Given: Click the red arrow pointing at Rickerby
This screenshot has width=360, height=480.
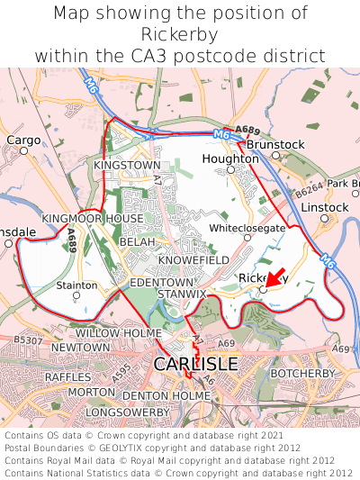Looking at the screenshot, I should [x=275, y=276].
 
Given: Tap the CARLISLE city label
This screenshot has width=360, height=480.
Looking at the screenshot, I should [x=195, y=364].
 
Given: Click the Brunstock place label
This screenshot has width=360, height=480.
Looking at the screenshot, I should [x=275, y=144].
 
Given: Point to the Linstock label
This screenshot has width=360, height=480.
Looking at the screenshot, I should [x=324, y=207].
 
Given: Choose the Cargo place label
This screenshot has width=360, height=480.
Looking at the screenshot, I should [x=24, y=140].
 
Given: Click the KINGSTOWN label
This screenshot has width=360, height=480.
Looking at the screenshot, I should [x=127, y=166].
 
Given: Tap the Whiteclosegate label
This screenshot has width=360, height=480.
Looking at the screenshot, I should [x=247, y=228].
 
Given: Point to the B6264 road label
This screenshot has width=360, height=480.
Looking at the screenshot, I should [x=309, y=192].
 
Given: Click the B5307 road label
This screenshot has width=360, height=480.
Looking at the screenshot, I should [x=28, y=340].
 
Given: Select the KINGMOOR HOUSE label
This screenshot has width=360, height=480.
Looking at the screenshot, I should [x=93, y=219].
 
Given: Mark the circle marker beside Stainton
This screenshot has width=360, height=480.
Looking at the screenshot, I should [x=76, y=294].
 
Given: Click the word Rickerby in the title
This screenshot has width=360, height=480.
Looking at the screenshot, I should [x=180, y=34].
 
